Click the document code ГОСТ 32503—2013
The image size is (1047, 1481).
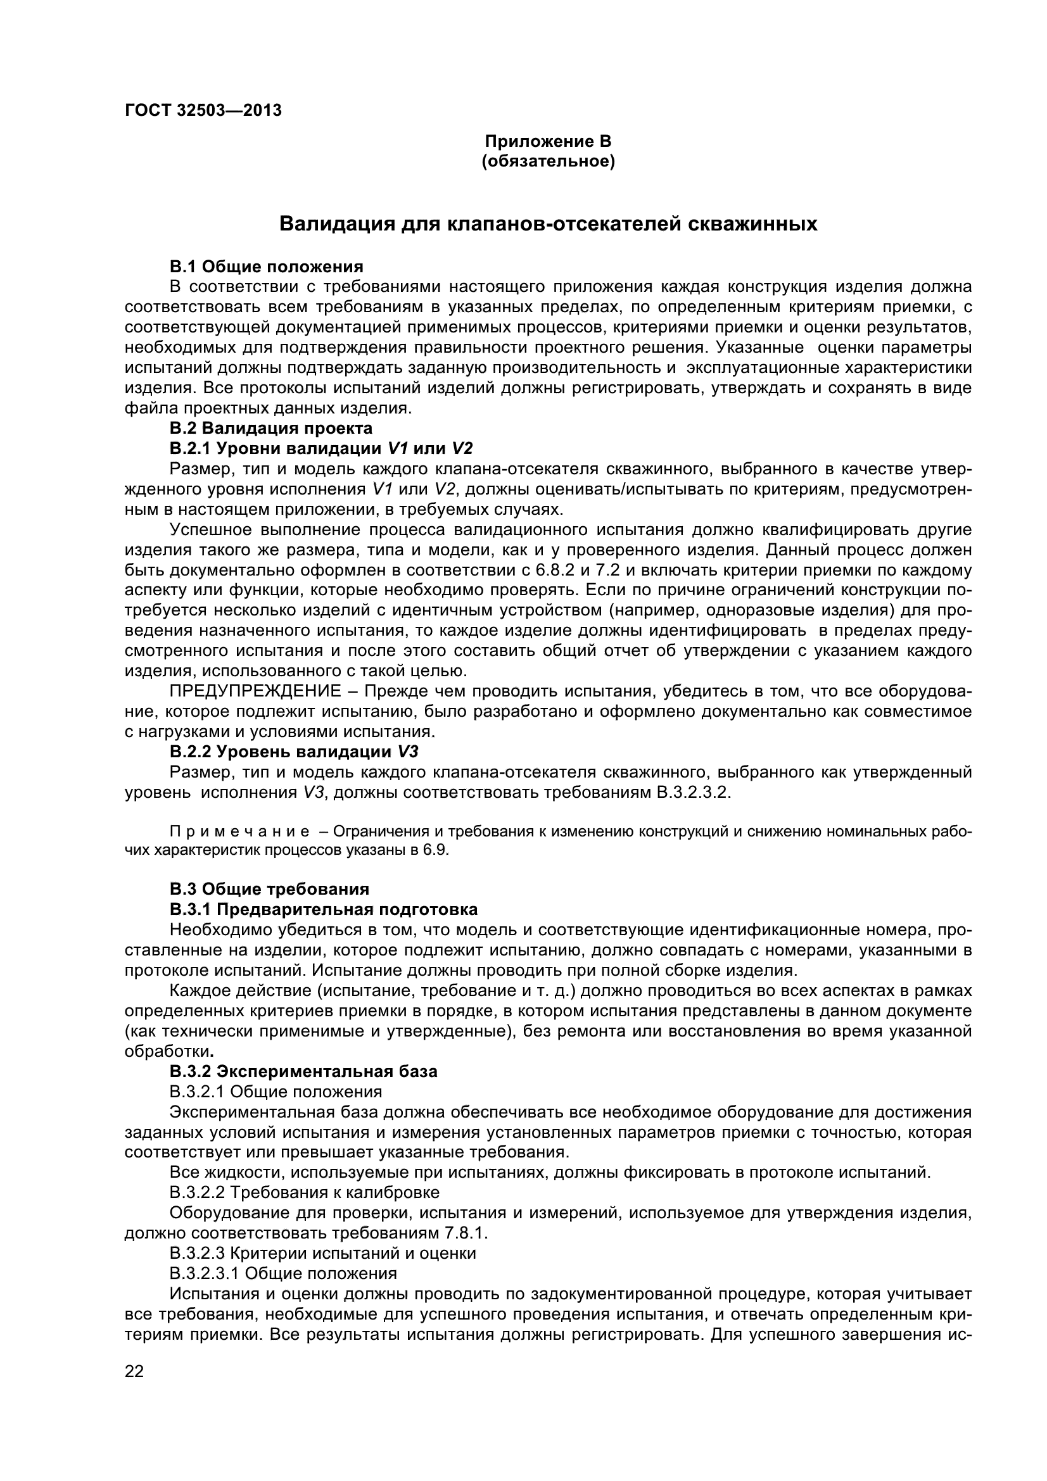pyautogui.click(x=203, y=110)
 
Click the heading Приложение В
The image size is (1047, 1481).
pyautogui.click(x=548, y=141)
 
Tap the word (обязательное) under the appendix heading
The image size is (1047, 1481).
pyautogui.click(x=548, y=161)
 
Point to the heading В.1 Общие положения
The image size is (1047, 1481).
pyautogui.click(x=267, y=267)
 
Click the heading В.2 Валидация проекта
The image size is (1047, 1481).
pyautogui.click(x=271, y=428)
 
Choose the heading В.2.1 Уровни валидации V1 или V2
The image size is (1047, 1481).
pyautogui.click(x=321, y=448)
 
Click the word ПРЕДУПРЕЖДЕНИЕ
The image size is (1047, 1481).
pyautogui.click(x=255, y=691)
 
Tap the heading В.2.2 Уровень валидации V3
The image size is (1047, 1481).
pyautogui.click(x=294, y=752)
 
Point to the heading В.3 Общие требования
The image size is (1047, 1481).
pyautogui.click(x=269, y=890)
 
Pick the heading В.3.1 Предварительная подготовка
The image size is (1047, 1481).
pyautogui.click(x=323, y=909)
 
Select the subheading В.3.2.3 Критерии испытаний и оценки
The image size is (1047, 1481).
pyautogui.click(x=322, y=1253)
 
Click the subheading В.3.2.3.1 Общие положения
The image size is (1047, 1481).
pyautogui.click(x=283, y=1274)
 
